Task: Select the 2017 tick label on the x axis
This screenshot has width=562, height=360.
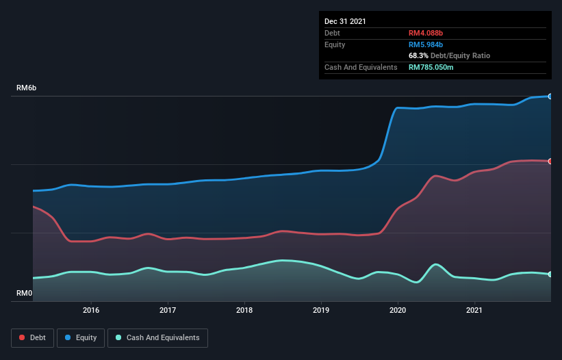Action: (x=168, y=310)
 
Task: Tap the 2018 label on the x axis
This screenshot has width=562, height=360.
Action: (x=244, y=310)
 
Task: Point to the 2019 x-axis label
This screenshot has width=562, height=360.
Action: (x=321, y=310)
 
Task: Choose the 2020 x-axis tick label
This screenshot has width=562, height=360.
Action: (x=398, y=310)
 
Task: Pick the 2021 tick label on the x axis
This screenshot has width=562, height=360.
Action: (x=474, y=310)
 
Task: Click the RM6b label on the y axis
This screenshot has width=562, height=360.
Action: (x=27, y=88)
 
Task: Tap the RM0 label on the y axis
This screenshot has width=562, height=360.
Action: (x=24, y=294)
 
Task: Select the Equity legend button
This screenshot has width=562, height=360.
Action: (x=81, y=337)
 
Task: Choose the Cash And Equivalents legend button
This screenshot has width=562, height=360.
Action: (x=157, y=337)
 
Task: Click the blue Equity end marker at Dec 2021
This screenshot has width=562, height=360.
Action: (x=550, y=97)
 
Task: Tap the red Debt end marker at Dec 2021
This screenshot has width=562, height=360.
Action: (x=550, y=162)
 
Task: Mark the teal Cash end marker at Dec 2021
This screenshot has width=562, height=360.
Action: (x=550, y=274)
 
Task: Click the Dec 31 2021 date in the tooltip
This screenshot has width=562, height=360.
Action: (x=345, y=21)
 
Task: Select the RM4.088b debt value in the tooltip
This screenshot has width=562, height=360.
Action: (x=426, y=33)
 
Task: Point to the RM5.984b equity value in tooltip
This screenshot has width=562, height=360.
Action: (x=426, y=44)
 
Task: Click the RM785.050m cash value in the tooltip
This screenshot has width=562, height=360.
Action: (x=431, y=67)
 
